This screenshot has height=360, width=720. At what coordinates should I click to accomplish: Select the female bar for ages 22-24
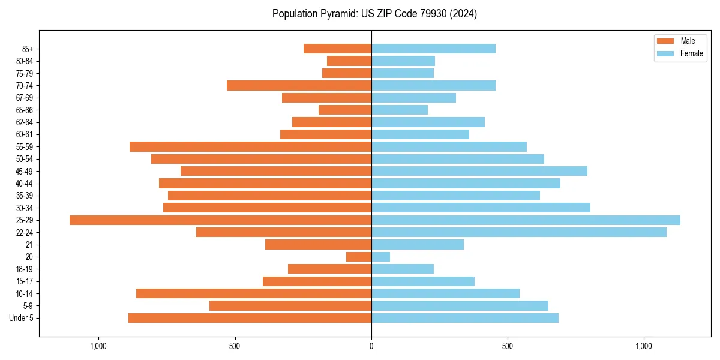519,232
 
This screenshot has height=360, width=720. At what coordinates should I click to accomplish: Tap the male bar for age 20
359,257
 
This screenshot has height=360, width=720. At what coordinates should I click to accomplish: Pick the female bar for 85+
433,49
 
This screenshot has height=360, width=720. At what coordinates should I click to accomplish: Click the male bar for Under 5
250,318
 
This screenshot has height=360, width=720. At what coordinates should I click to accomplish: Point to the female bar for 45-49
479,171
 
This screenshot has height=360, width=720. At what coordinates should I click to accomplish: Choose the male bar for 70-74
299,85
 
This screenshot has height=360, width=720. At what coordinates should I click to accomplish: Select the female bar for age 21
418,245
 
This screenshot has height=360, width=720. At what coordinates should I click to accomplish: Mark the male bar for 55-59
250,147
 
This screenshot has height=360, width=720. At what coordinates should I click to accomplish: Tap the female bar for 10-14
445,293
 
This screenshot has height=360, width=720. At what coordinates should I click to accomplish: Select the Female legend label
691,53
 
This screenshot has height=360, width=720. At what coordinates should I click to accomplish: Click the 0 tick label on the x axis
371,347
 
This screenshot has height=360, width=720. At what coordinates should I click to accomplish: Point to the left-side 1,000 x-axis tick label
98,347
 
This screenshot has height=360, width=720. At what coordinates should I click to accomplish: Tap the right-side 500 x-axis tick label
508,347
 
